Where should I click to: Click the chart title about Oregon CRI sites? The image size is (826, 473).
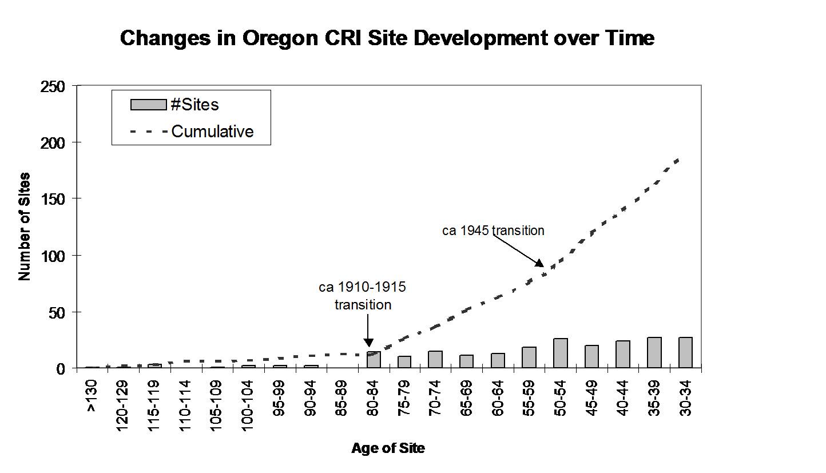(x=387, y=38)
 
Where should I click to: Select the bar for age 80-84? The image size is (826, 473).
(x=374, y=359)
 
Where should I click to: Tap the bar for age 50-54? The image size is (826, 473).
(x=561, y=353)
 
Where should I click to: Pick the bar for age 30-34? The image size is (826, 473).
(x=685, y=352)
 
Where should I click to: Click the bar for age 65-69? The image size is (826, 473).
(x=466, y=361)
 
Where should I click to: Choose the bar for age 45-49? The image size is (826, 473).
(x=591, y=356)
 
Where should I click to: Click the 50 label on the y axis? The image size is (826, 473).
(x=57, y=313)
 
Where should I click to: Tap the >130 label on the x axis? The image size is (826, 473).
(x=92, y=396)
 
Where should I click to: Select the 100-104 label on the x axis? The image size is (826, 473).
(x=248, y=406)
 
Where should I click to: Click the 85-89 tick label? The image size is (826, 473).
(x=341, y=398)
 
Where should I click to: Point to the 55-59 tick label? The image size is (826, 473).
(x=529, y=398)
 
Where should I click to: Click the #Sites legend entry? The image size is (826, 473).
(x=174, y=105)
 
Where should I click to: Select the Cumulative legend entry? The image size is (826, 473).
(x=192, y=132)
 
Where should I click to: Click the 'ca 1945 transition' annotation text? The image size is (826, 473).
(x=494, y=231)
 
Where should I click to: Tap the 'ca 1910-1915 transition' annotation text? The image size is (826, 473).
(x=363, y=296)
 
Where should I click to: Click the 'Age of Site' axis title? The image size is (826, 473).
(x=388, y=448)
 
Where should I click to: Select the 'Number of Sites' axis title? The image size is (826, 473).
(x=25, y=226)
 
